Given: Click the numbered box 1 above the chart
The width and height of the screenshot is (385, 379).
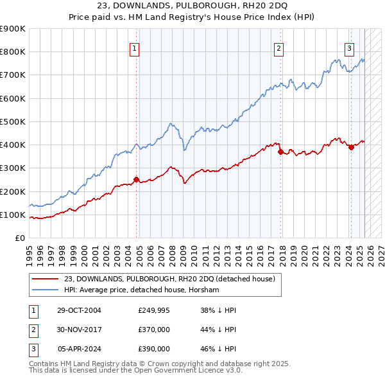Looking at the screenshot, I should (x=135, y=47).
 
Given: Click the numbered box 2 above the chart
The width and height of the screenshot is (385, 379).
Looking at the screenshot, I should (x=279, y=47).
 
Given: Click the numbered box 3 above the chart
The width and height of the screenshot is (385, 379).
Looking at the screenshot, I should (x=350, y=47).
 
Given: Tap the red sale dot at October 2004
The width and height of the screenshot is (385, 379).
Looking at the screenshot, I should (x=136, y=180).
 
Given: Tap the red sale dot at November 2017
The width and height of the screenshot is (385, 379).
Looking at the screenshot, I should (x=280, y=152).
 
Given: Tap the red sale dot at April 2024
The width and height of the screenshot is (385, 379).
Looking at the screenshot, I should (x=351, y=148).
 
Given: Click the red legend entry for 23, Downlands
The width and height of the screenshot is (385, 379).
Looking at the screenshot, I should (x=169, y=279).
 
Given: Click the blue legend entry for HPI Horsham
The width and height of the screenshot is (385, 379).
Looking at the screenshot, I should (x=142, y=290).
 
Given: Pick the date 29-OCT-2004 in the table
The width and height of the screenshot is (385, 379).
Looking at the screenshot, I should (x=79, y=311).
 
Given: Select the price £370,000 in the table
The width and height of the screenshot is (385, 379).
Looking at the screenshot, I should (x=154, y=330).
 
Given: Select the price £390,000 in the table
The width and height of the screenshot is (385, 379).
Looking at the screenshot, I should (x=154, y=349).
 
